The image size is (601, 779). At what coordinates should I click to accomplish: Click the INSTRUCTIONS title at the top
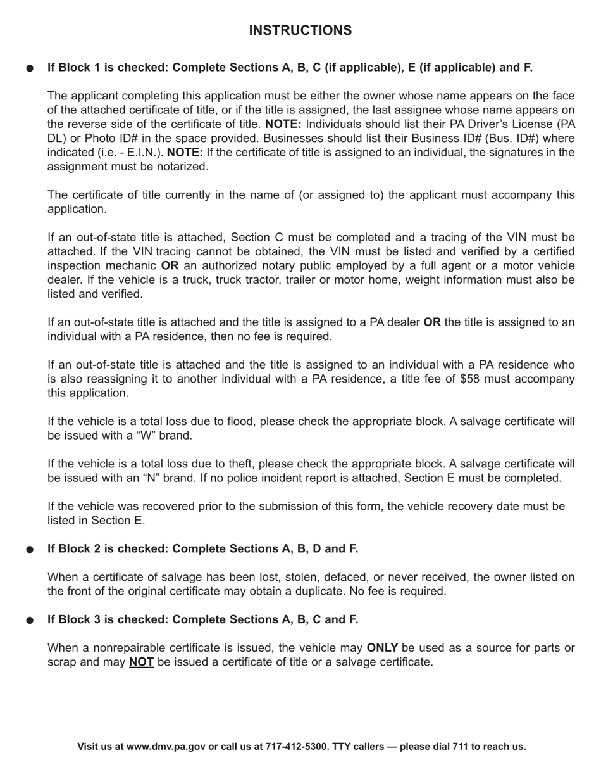point(300,30)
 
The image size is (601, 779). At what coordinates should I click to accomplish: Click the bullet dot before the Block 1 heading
point(29,68)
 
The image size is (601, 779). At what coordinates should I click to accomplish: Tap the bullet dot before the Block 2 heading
point(29,550)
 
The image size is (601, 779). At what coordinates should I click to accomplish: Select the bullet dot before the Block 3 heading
point(29,621)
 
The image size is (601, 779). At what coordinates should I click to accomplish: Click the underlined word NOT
point(141,662)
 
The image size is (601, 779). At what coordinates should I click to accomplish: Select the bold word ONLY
point(382,648)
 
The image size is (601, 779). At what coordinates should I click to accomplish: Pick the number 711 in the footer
point(461,746)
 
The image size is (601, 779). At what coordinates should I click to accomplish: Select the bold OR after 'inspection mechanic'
point(170,266)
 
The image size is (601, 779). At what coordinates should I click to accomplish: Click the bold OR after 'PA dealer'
point(432,322)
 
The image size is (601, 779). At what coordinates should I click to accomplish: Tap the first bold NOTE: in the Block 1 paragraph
point(283,124)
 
